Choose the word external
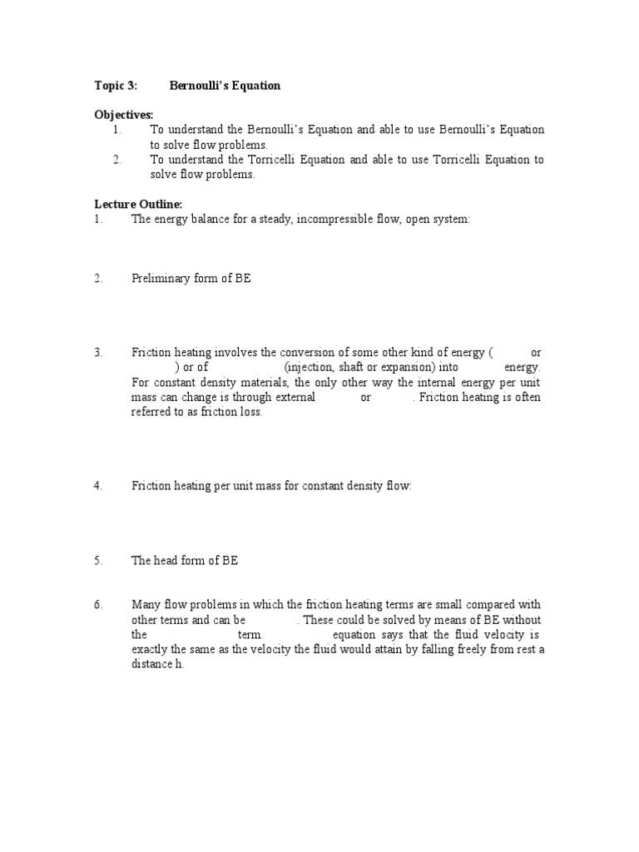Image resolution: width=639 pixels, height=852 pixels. (x=295, y=397)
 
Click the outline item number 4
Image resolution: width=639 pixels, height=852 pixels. (x=98, y=486)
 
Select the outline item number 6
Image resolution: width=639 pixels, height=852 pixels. (x=98, y=604)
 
